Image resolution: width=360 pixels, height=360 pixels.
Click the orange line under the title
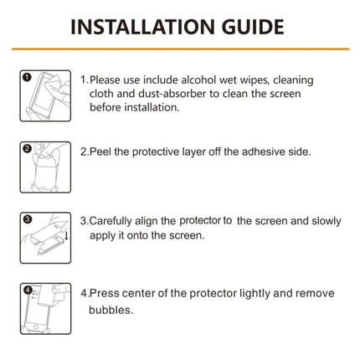(x=180, y=52)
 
